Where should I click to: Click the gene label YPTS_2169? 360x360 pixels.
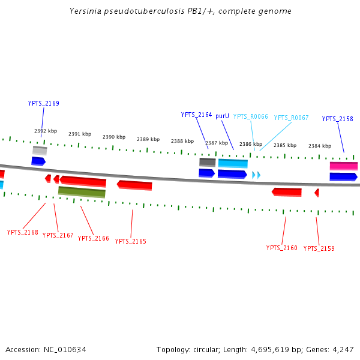[x=43, y=103]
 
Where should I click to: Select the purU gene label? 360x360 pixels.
[x=222, y=116]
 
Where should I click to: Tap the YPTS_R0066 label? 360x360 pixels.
[x=250, y=117]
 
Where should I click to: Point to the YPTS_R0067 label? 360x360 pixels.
[x=291, y=118]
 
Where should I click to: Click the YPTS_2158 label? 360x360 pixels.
[x=337, y=119]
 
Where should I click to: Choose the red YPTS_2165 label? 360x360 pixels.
[x=130, y=241]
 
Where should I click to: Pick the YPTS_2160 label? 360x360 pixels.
[x=281, y=248]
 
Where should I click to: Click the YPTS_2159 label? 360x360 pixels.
[x=319, y=248]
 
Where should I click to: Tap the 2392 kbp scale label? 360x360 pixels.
[x=46, y=131]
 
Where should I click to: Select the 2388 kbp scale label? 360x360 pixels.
[x=182, y=142]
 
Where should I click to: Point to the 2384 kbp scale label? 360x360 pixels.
[x=320, y=146]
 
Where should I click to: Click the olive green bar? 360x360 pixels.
[x=82, y=192]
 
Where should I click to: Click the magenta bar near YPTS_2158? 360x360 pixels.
[x=344, y=166]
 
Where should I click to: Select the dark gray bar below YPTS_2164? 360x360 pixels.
[x=207, y=162]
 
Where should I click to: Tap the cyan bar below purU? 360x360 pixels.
[x=233, y=163]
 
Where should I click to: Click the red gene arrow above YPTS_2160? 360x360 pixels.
[x=287, y=192]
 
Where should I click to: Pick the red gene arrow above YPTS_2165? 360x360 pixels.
[x=134, y=185]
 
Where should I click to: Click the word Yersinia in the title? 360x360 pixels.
[x=86, y=11]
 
